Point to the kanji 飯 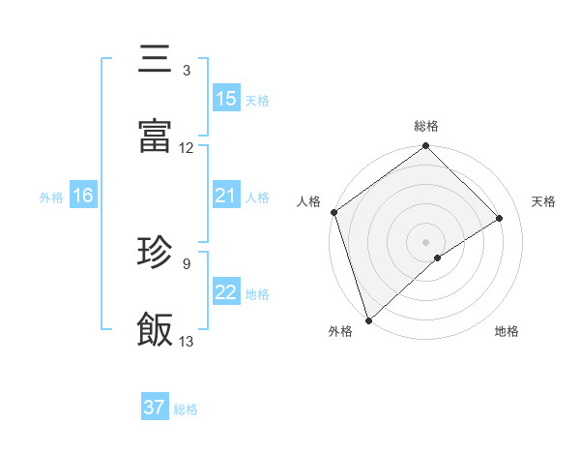[155, 329]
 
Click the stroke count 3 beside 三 [186, 71]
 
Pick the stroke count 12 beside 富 [187, 148]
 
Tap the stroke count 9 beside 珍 [186, 262]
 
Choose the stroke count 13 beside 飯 [187, 341]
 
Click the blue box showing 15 [225, 99]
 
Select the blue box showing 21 [225, 197]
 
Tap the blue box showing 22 [225, 292]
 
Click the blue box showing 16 [82, 197]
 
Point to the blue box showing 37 [155, 409]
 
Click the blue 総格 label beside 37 [186, 409]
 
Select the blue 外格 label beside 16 [51, 197]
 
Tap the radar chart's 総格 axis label [426, 126]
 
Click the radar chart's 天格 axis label [544, 201]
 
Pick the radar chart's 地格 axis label [507, 332]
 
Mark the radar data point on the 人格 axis [333, 212]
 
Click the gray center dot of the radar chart [426, 241]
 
